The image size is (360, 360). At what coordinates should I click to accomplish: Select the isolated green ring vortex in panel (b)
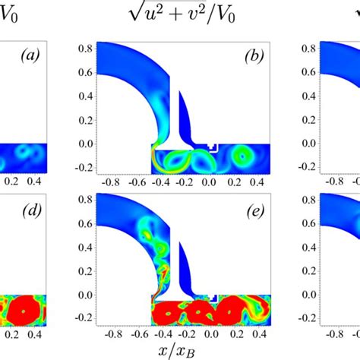coord(243,156)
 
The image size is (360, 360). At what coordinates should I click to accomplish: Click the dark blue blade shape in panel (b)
coord(182,114)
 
